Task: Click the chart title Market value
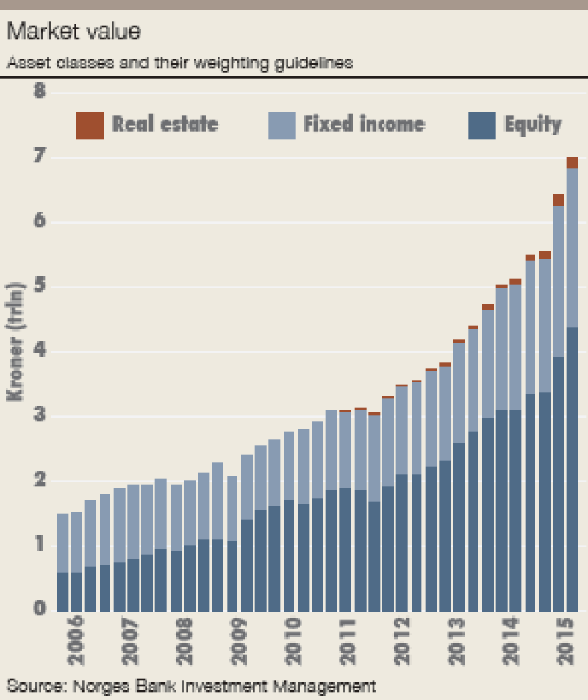coord(73,32)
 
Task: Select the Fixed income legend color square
coord(282,125)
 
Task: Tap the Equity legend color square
coord(482,125)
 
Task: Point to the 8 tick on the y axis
coord(39,92)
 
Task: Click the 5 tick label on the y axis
coord(39,287)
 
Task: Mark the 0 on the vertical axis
coord(39,610)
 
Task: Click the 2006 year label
coord(76,640)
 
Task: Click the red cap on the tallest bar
coord(572,163)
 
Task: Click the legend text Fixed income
coord(364,124)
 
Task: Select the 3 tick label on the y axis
coord(39,416)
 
